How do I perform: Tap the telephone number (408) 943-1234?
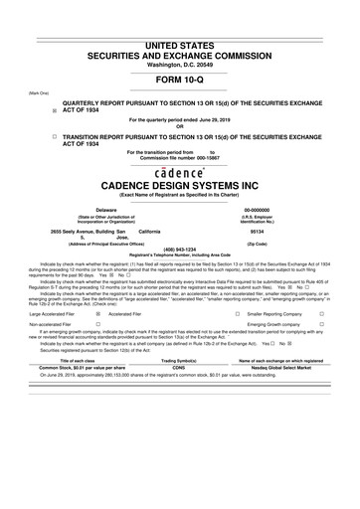(x=179, y=249)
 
